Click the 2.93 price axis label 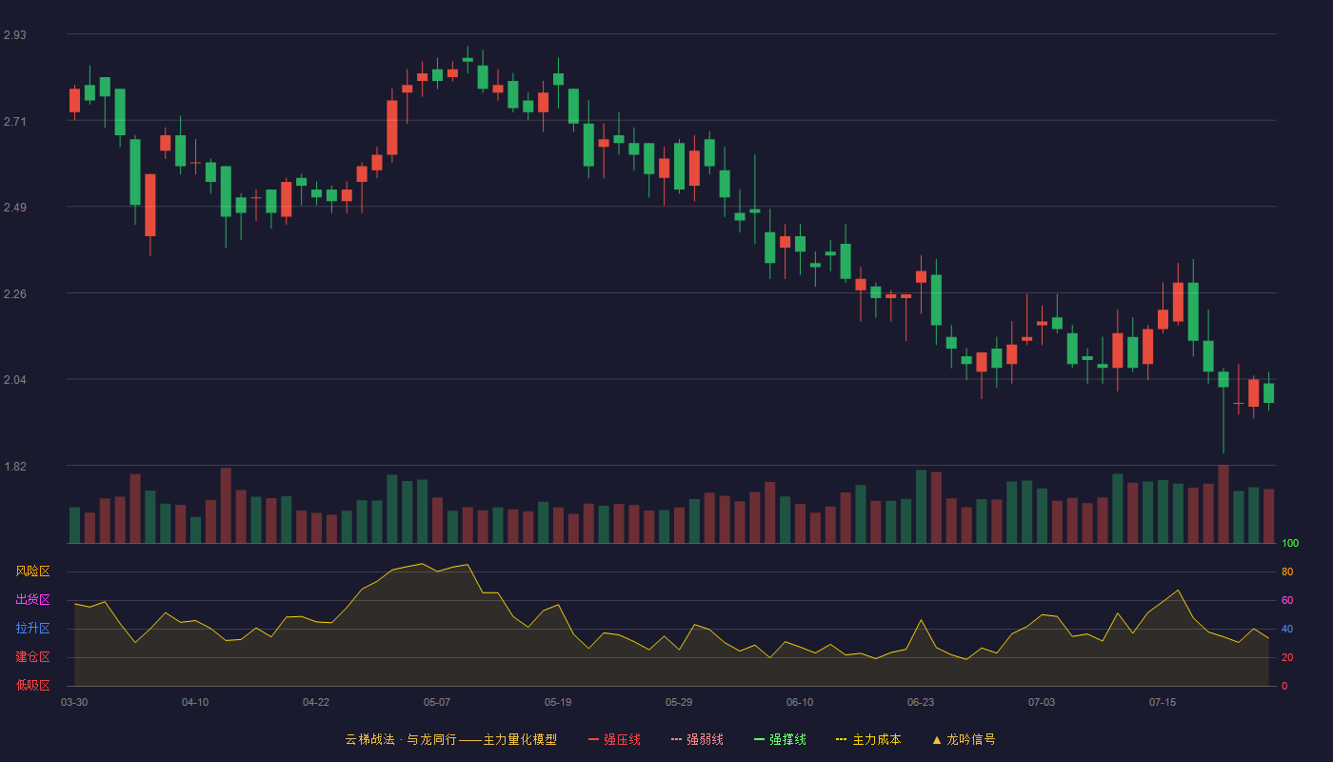pyautogui.click(x=15, y=35)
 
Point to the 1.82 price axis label pyautogui.click(x=15, y=466)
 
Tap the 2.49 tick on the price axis pyautogui.click(x=15, y=208)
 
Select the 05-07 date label pyautogui.click(x=437, y=703)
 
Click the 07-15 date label pyautogui.click(x=1163, y=703)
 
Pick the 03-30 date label pyautogui.click(x=74, y=703)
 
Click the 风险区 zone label pyautogui.click(x=32, y=571)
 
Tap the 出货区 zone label pyautogui.click(x=32, y=599)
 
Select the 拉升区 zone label pyautogui.click(x=32, y=628)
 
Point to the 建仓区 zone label pyautogui.click(x=32, y=656)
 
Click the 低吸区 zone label pyautogui.click(x=32, y=685)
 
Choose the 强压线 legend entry pyautogui.click(x=614, y=739)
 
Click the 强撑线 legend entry pyautogui.click(x=780, y=739)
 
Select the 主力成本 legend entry pyautogui.click(x=868, y=739)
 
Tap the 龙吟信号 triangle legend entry pyautogui.click(x=964, y=739)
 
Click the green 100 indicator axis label pyautogui.click(x=1290, y=543)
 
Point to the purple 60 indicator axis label pyautogui.click(x=1287, y=600)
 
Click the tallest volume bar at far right pyautogui.click(x=1224, y=504)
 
